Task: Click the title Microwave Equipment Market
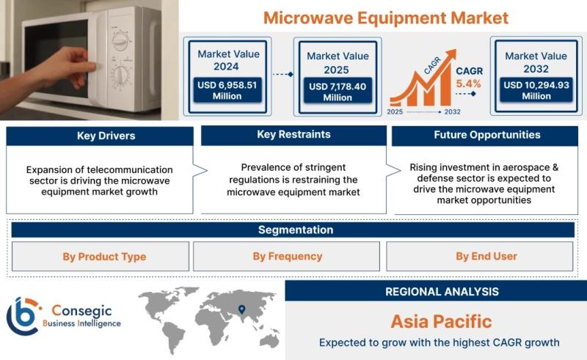click(x=386, y=18)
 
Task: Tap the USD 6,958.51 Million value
click(x=227, y=90)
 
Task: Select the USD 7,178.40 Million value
click(x=338, y=92)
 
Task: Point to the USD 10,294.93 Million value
click(x=536, y=90)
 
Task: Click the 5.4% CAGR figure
click(x=468, y=84)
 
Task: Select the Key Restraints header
click(x=294, y=135)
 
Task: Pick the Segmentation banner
click(x=293, y=229)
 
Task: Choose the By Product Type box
click(x=101, y=257)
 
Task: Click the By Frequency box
click(x=286, y=257)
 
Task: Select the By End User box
click(x=480, y=257)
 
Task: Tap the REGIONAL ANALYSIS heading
click(x=442, y=292)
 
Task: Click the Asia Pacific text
click(x=442, y=321)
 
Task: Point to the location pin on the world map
click(x=242, y=309)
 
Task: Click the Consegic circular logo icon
click(x=23, y=316)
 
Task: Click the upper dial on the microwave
click(x=121, y=41)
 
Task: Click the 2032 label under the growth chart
click(x=452, y=111)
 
